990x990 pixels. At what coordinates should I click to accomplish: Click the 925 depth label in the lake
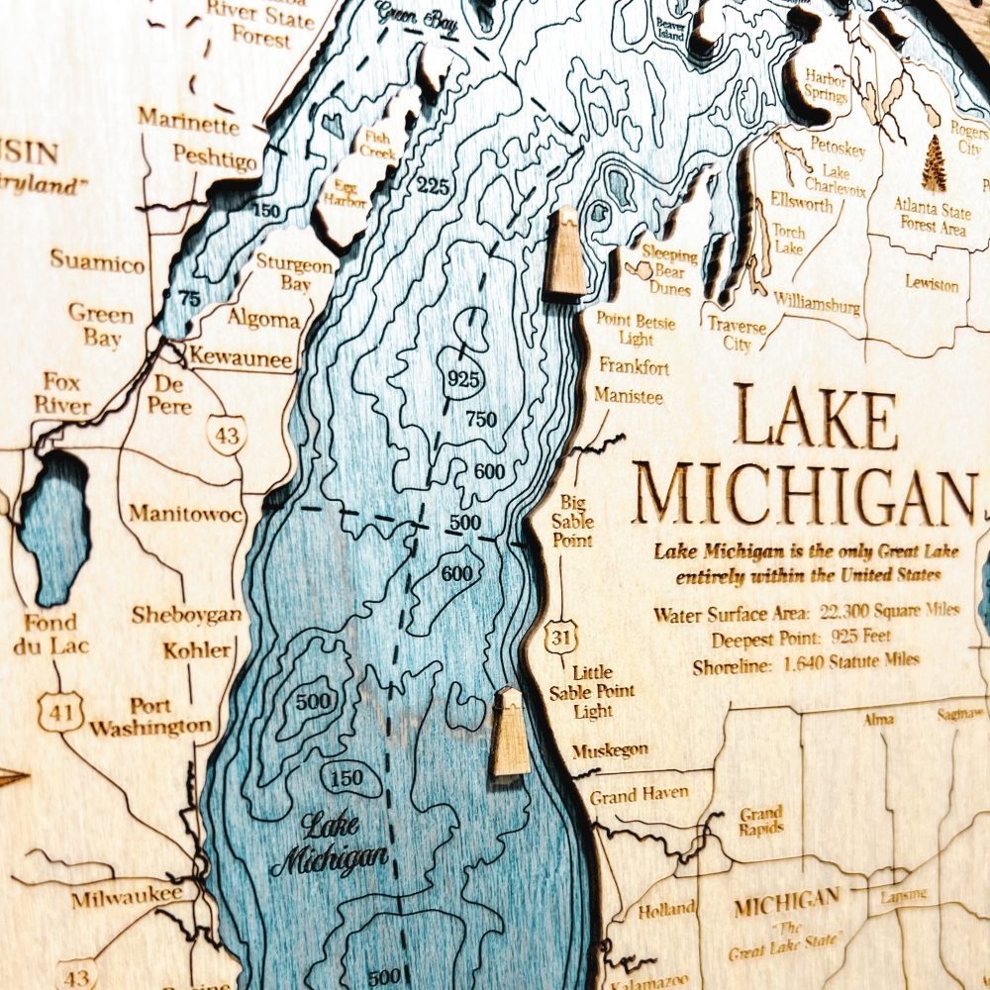463,378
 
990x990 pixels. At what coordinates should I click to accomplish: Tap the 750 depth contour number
480,420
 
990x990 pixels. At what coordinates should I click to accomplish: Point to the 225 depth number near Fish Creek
432,185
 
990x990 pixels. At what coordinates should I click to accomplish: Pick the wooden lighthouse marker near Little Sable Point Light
511,732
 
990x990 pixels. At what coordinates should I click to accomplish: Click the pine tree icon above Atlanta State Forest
934,164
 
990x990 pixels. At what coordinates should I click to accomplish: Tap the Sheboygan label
186,615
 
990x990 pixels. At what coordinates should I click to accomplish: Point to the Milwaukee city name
127,897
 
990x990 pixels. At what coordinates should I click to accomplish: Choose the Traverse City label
737,335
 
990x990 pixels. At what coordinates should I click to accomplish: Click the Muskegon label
609,750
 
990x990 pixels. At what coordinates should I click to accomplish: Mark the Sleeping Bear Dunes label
670,270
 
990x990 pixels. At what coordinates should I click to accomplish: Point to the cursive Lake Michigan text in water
329,844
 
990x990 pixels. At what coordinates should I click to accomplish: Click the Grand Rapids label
761,821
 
